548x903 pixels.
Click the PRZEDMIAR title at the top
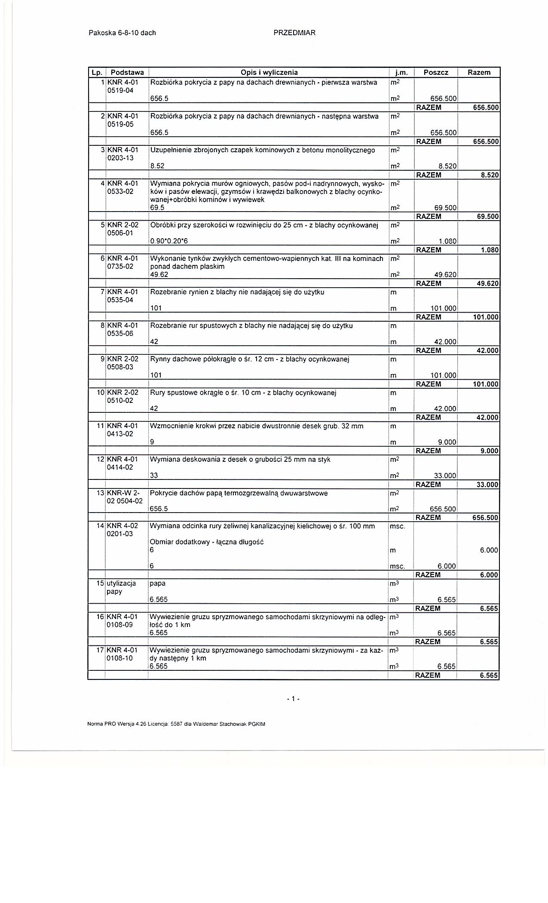[x=294, y=33]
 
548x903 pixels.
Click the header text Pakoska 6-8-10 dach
[x=122, y=33]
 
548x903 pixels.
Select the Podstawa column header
[x=127, y=72]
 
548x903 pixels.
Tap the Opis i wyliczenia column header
[x=269, y=72]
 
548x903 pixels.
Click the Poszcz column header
[x=436, y=72]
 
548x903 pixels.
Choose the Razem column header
[x=479, y=72]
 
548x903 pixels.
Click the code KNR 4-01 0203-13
[x=122, y=154]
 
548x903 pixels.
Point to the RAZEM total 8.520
[x=490, y=175]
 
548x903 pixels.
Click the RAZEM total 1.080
[x=490, y=250]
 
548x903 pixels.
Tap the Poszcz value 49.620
[x=445, y=275]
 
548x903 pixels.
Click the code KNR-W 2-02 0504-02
[x=125, y=497]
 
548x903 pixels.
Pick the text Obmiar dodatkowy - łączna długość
[x=206, y=542]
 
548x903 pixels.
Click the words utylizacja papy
[x=121, y=587]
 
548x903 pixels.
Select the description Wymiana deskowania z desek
[x=240, y=459]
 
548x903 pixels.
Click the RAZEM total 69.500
[x=488, y=216]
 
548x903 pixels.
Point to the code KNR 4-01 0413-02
[x=122, y=430]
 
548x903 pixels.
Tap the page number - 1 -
[x=293, y=699]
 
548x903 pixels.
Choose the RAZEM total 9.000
[x=490, y=451]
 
